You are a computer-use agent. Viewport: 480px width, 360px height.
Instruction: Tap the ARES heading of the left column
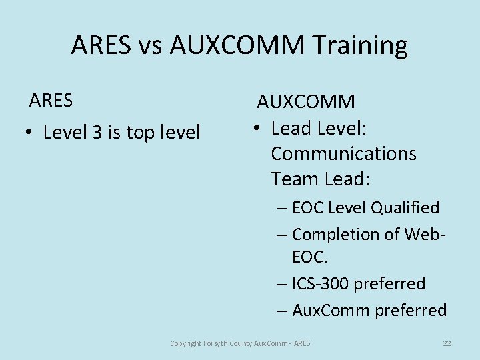coord(51,101)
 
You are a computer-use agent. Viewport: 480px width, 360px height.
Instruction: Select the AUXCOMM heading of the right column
coord(306,102)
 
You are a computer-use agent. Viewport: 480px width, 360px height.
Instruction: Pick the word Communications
coord(343,153)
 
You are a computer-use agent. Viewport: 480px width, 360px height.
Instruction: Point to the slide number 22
coord(447,343)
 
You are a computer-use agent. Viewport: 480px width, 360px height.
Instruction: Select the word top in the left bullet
coord(139,133)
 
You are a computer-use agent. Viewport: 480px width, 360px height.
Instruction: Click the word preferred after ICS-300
coord(389,284)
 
